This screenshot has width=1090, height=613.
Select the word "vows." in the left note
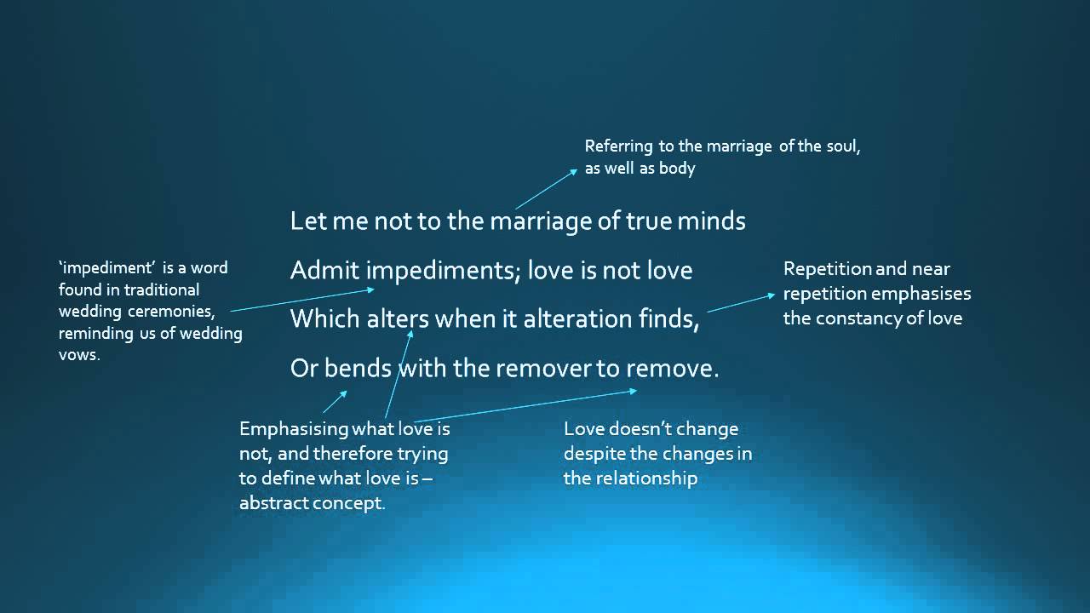[79, 355]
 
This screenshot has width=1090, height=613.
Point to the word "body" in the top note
[677, 169]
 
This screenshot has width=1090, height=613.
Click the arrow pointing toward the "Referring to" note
[546, 188]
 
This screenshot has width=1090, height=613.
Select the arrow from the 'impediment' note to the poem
[302, 300]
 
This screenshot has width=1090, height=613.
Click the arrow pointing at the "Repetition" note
[741, 302]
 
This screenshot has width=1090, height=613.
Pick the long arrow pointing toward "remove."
[524, 404]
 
